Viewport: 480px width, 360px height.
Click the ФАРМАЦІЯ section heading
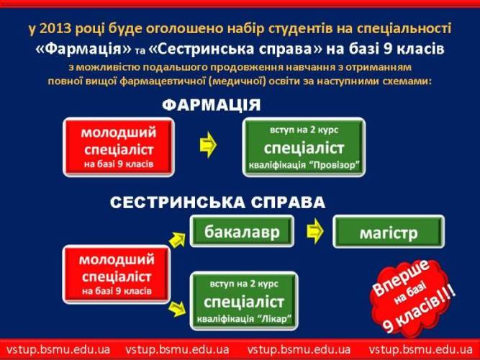pos(212,105)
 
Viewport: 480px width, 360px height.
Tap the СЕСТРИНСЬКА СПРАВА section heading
pos(217,202)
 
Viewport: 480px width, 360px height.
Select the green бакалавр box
pos(242,231)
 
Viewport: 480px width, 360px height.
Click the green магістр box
pos(389,232)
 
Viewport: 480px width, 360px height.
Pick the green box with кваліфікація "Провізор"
pos(304,148)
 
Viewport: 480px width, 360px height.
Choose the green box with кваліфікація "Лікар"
pos(244,301)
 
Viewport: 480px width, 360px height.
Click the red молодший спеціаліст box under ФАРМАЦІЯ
pos(119,148)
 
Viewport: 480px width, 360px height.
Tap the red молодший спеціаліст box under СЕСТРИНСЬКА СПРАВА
pos(117,274)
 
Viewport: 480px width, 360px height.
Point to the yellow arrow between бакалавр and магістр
pos(314,231)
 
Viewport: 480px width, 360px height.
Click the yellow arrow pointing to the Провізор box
pos(208,145)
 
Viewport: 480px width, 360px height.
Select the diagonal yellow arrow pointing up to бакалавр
pos(177,240)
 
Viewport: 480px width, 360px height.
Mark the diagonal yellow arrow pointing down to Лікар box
pos(177,309)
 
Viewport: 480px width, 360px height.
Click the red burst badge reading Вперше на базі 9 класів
pos(412,297)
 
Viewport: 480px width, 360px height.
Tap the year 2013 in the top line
pos(55,29)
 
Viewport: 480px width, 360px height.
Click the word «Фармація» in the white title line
pos(83,49)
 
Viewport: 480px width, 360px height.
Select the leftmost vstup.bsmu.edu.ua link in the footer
pos(58,349)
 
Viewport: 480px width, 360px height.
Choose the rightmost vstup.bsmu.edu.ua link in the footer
pos(420,349)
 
